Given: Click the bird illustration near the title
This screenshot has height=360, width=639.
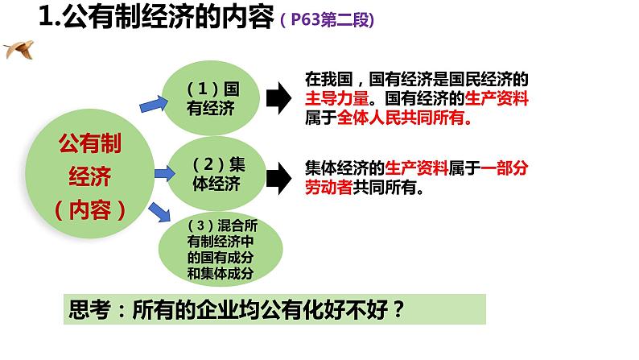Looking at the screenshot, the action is (19, 50).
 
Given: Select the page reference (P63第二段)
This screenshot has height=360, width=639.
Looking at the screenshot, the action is (328, 19).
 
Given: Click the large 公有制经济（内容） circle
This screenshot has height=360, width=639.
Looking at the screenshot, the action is (90, 174).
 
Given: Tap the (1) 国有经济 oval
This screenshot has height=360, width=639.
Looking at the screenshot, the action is (211, 98).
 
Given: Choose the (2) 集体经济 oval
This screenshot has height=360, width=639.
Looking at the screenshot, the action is (216, 174).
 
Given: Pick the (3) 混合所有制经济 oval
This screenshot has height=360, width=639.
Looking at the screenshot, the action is (221, 249).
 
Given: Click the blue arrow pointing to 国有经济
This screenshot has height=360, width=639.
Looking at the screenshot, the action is (154, 104).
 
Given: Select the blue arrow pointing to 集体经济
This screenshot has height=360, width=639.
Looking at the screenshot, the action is (165, 174).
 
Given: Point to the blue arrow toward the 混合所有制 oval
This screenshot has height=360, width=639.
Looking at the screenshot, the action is (159, 212).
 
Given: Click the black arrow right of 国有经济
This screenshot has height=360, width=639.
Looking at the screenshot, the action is (278, 98).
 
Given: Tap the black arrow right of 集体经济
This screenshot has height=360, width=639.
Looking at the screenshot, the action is (278, 178).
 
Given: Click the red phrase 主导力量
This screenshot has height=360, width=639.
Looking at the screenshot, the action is (337, 99).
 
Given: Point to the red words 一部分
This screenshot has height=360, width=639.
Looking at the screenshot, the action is (505, 168).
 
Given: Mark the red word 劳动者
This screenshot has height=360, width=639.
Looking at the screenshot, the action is (329, 187).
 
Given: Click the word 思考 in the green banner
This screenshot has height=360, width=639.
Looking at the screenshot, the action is (89, 309).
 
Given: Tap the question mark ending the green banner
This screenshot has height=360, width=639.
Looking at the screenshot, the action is (398, 309).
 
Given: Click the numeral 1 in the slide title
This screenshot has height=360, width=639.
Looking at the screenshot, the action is (47, 17).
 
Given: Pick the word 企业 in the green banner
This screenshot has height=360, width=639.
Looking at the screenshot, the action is (217, 309).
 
